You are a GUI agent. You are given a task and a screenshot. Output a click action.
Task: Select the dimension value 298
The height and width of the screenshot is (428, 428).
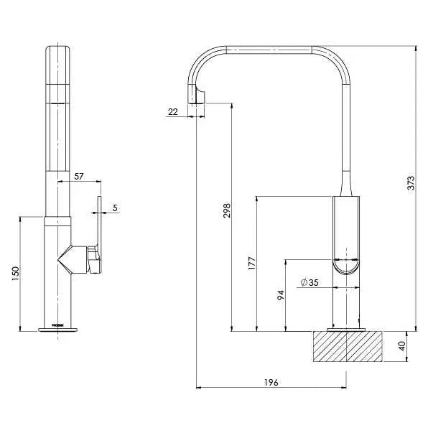[x=227, y=210]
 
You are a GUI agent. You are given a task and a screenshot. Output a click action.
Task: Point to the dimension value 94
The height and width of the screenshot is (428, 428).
[x=282, y=296]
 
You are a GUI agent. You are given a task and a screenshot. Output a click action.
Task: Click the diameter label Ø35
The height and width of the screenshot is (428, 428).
[x=309, y=282]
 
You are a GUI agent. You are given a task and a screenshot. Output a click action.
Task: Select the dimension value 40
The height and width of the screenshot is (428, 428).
[x=403, y=346]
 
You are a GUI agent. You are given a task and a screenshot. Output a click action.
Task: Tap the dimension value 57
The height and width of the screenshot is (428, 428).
[x=79, y=175]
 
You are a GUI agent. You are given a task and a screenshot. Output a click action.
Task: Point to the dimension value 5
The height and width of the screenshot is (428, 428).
[x=115, y=208]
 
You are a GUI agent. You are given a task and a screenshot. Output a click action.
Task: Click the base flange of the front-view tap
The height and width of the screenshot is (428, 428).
[x=58, y=330]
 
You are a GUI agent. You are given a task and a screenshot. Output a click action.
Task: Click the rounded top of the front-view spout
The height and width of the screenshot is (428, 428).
[x=58, y=50]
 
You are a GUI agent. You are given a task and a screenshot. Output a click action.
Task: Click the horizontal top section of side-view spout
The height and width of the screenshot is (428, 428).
[x=269, y=50]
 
